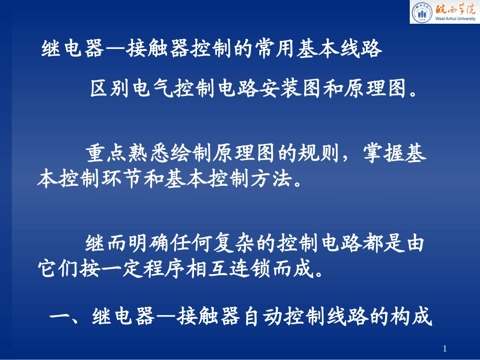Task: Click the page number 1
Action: pos(445,348)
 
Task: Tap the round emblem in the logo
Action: pos(421,13)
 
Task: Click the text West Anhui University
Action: pos(453,19)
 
